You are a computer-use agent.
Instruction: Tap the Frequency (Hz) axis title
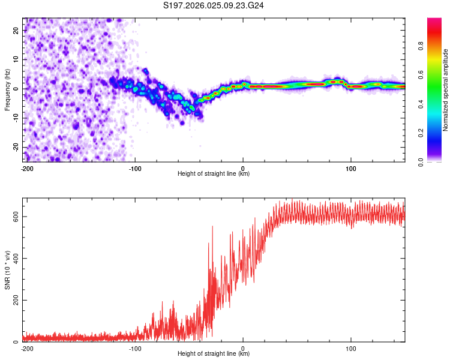tap(7, 89)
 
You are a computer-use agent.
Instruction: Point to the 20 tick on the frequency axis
tap(17, 30)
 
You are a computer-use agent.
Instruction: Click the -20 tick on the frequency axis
tap(16, 148)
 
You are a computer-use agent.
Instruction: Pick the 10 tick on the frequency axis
tap(17, 59)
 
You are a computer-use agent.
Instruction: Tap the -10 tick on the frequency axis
tap(16, 118)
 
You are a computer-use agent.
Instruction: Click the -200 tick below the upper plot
tap(26, 168)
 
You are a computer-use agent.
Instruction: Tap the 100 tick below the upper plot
tap(351, 168)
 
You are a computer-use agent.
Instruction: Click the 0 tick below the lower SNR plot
tap(243, 348)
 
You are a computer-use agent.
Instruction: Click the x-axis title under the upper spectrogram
tap(214, 174)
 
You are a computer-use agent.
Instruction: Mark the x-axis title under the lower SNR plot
tap(214, 354)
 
